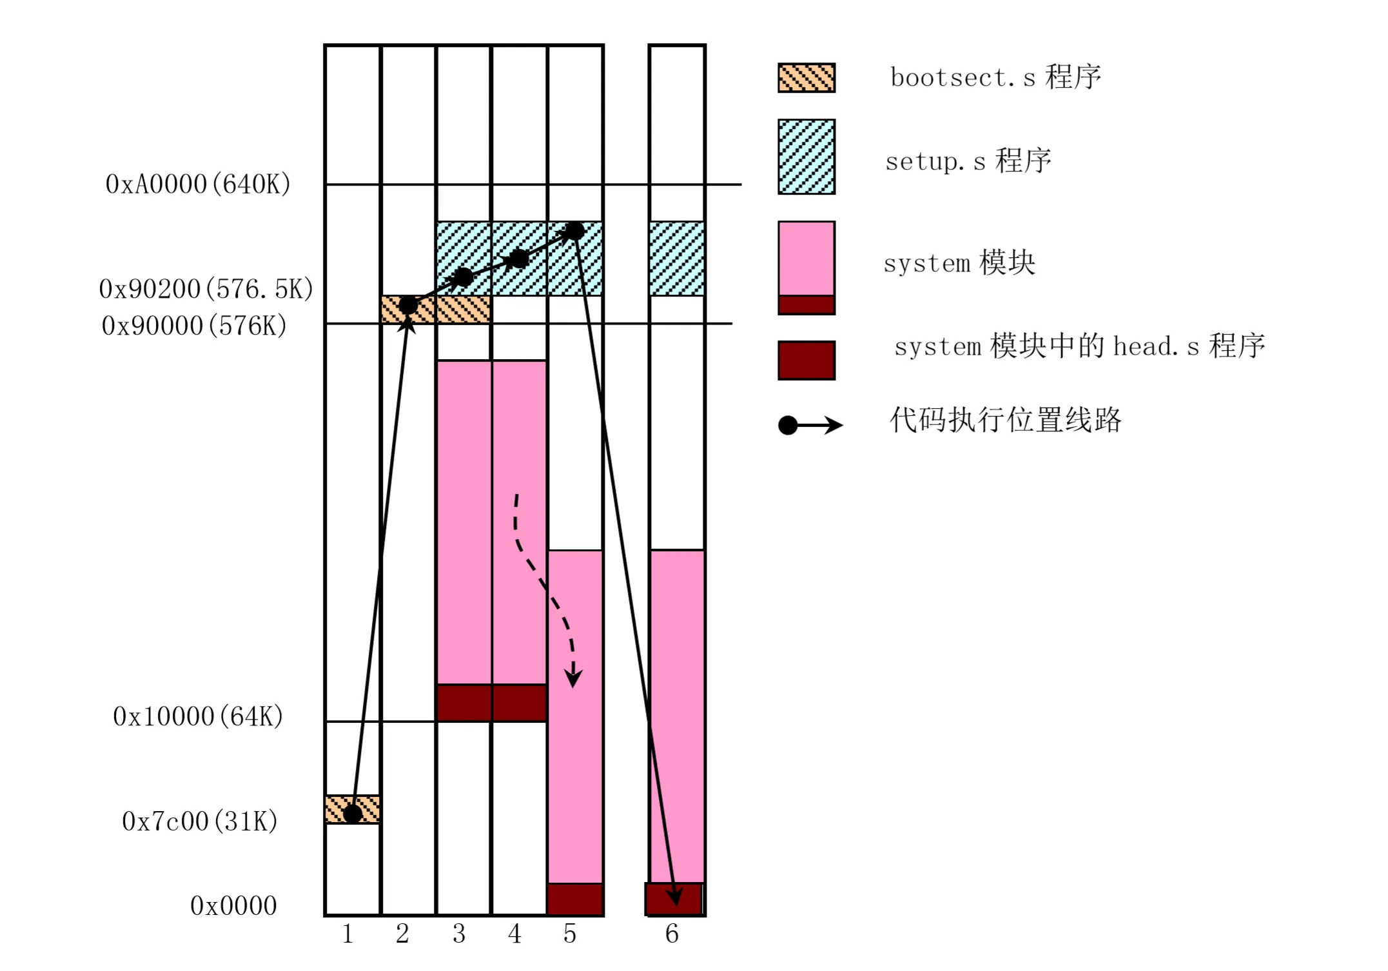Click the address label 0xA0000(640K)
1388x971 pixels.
[x=198, y=184]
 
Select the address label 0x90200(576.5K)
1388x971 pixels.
[x=206, y=289]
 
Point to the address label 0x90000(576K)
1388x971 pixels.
[x=194, y=326]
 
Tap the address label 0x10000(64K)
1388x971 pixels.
[x=198, y=716]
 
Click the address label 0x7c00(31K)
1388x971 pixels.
[x=200, y=821]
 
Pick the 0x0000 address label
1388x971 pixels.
[x=233, y=906]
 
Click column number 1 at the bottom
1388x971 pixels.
[x=347, y=934]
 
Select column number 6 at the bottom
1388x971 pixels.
[x=672, y=934]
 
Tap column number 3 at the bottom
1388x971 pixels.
[x=458, y=934]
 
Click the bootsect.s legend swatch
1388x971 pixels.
[x=806, y=78]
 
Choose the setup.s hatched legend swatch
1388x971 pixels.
[x=806, y=157]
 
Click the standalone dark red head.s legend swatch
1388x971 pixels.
[x=806, y=360]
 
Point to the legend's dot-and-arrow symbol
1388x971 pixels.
[x=810, y=425]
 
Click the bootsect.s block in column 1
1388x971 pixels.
[x=352, y=809]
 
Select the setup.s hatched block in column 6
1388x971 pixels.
[x=676, y=259]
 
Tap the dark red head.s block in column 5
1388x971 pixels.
[x=575, y=899]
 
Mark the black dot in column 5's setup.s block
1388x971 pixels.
[x=574, y=231]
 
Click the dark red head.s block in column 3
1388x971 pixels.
[x=464, y=703]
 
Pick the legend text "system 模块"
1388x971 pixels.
[x=959, y=263]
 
